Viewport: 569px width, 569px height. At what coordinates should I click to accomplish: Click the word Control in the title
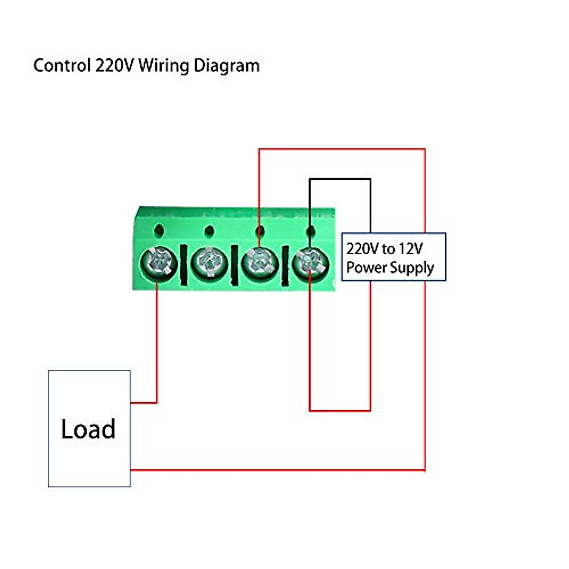point(61,65)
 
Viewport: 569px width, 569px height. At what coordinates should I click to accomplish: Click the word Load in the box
point(88,429)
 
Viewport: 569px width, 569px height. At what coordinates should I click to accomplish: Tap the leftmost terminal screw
point(158,262)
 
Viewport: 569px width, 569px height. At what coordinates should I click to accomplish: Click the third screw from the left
point(259,262)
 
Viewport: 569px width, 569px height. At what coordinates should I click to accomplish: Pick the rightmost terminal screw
point(310,262)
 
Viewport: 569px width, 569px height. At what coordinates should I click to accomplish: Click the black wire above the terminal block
point(340,179)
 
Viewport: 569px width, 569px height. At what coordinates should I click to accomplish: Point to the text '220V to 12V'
point(384,248)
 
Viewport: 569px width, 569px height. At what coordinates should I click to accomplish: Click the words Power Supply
point(390,267)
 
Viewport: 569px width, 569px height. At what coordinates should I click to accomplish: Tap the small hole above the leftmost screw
point(159,230)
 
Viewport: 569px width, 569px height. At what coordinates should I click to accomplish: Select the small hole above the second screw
point(210,231)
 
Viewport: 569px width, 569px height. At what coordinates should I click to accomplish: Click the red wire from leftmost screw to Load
point(156,341)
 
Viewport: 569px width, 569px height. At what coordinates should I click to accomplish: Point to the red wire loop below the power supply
point(340,410)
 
